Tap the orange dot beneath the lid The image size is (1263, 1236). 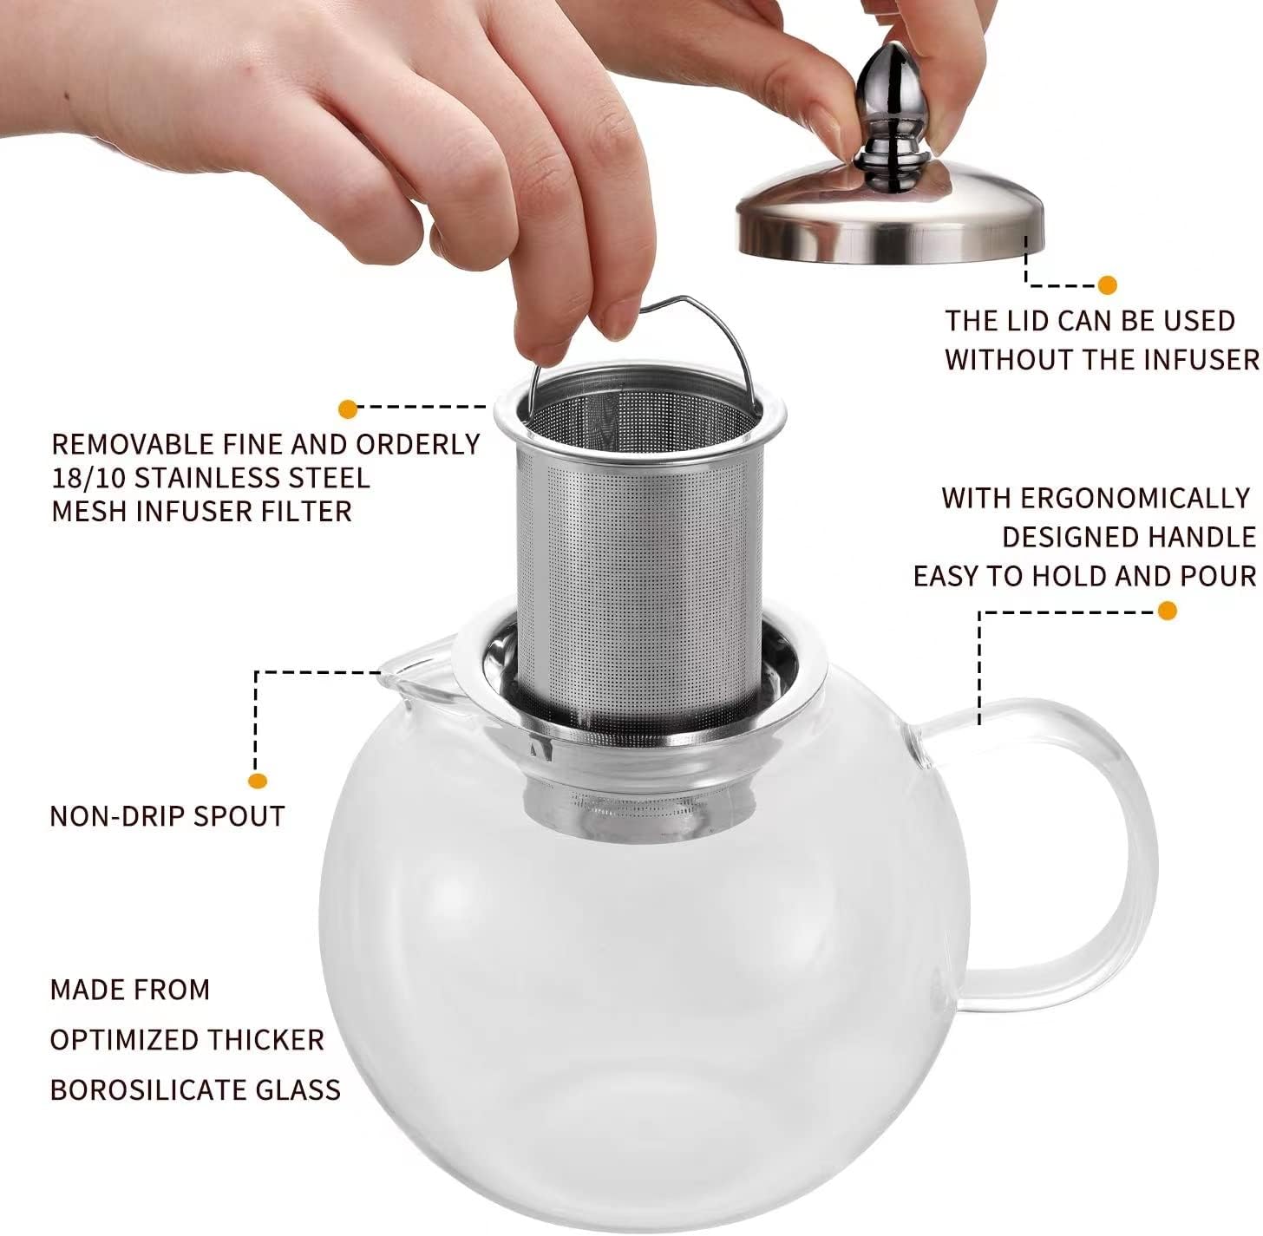[1107, 285]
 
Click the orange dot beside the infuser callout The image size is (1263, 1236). [348, 409]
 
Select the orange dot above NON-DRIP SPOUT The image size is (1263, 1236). [258, 781]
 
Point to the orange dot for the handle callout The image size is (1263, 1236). [1168, 611]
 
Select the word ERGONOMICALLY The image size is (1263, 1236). [1134, 498]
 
